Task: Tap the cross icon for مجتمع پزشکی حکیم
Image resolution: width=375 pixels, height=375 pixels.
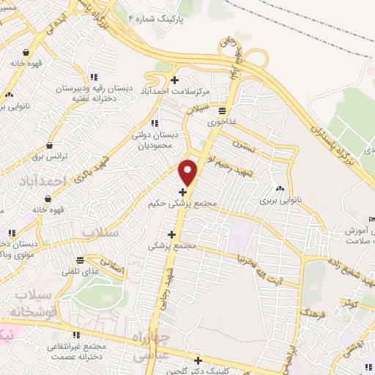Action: [x=182, y=193]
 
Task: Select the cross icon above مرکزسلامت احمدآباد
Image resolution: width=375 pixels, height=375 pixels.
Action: [x=174, y=80]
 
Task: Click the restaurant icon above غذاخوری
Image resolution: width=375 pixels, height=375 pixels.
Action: [x=220, y=111]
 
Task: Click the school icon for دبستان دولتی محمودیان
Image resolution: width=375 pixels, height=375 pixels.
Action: [x=154, y=123]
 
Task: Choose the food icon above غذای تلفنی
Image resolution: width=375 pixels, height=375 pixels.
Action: [x=79, y=261]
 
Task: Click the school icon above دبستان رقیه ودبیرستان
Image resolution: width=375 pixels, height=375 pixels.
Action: [x=93, y=77]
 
